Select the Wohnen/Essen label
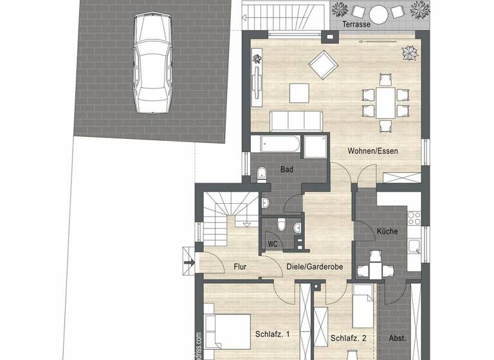(373, 151)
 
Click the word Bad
(286, 170)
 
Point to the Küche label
(387, 231)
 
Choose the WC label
(273, 244)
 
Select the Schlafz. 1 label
(273, 334)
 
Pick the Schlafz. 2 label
(348, 337)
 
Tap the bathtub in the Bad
(275, 145)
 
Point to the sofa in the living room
(295, 120)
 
